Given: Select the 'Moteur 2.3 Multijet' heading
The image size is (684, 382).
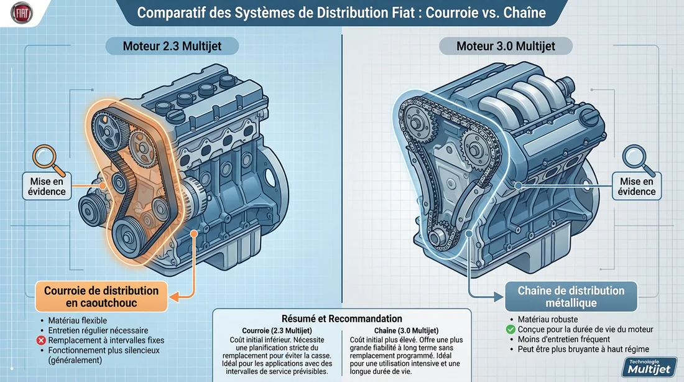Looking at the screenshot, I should [172, 46].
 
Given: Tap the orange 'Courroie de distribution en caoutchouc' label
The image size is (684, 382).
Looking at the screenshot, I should [101, 297].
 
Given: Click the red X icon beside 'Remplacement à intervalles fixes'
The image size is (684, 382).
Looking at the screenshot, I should [40, 341].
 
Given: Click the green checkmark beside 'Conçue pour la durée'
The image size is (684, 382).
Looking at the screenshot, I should [511, 329].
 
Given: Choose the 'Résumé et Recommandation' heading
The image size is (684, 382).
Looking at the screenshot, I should [342, 319].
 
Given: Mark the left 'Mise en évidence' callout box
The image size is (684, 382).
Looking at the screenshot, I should [47, 186].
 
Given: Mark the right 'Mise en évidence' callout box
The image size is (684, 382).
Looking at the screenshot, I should [637, 186].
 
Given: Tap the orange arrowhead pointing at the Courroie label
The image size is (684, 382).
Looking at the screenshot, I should [175, 297].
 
